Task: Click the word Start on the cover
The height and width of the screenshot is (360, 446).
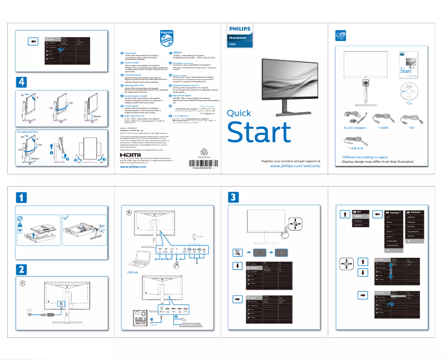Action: pos(259,132)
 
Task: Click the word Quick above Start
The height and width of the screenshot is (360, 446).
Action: pos(239,113)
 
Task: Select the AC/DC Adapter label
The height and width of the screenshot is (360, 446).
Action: pos(352,128)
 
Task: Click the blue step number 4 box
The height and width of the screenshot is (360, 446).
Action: pos(21,82)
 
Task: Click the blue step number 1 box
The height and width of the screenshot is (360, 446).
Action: pos(21,197)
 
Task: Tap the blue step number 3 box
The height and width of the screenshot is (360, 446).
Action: pos(234,197)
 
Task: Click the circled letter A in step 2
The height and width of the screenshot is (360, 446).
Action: pos(23,283)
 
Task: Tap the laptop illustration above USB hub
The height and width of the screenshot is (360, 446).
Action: pos(136,259)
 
